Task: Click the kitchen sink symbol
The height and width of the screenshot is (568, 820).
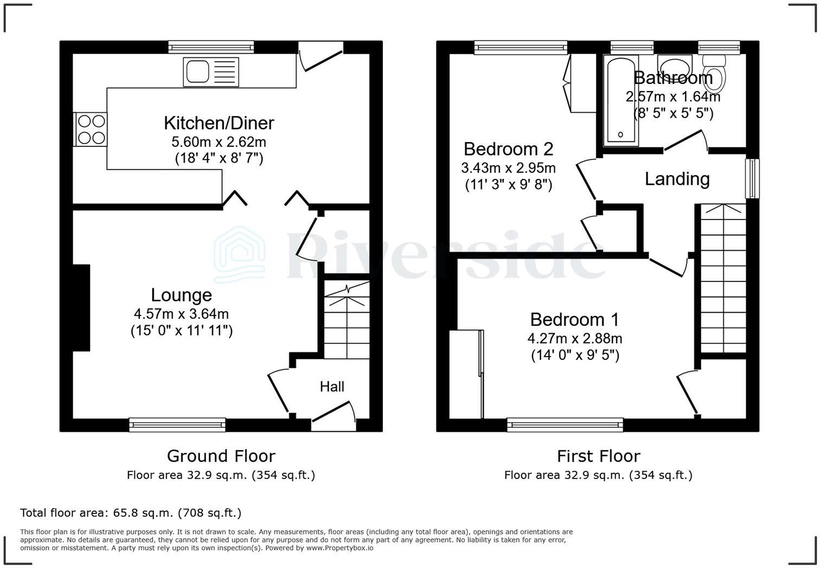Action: click(x=211, y=72)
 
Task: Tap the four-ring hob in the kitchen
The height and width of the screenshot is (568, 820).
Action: click(x=91, y=130)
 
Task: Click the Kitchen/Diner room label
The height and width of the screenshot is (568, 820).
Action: click(x=219, y=123)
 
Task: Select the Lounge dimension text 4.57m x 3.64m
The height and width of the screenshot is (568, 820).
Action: click(x=181, y=314)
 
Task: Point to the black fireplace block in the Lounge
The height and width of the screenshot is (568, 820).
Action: click(x=81, y=308)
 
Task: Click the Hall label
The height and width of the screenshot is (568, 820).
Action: click(x=332, y=386)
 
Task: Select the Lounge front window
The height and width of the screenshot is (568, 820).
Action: click(x=177, y=425)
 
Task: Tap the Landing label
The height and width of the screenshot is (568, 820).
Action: click(x=677, y=179)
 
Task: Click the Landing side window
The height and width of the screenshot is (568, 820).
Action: click(x=752, y=178)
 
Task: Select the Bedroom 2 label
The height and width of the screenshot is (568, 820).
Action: click(x=508, y=149)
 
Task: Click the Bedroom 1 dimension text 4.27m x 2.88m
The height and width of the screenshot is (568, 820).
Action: click(x=575, y=339)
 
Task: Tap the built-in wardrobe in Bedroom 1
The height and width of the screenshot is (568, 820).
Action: click(x=466, y=374)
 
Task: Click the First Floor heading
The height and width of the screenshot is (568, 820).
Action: click(x=598, y=456)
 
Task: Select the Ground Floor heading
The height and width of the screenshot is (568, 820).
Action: click(x=221, y=456)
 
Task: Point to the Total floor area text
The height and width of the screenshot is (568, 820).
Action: click(x=131, y=513)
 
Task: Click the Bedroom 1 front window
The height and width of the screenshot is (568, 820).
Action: click(x=565, y=425)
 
